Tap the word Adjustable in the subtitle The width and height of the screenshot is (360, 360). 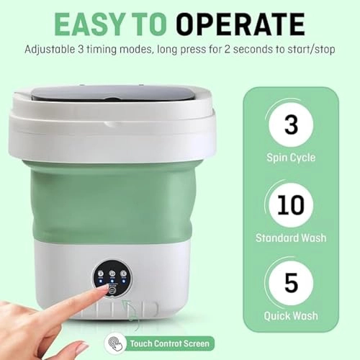coord(50,50)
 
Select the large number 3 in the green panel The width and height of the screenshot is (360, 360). coord(291,125)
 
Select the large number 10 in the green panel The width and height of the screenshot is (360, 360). coord(291,204)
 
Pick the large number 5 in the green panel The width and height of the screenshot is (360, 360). coord(291,282)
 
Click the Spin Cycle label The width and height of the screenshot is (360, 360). coord(291,158)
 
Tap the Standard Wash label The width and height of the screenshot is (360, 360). coord(291,238)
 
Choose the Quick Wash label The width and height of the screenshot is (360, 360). coord(291,316)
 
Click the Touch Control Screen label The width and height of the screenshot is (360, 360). coord(170,343)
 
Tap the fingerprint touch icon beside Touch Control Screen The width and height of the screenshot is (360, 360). coord(115,343)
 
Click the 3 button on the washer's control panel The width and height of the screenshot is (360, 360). coord(101,274)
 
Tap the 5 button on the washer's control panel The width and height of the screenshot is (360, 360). coord(124,274)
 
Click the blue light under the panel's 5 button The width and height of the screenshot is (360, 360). coord(124,281)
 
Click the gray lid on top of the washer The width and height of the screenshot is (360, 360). coord(120,94)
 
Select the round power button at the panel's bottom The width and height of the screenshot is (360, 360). coord(112,290)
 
